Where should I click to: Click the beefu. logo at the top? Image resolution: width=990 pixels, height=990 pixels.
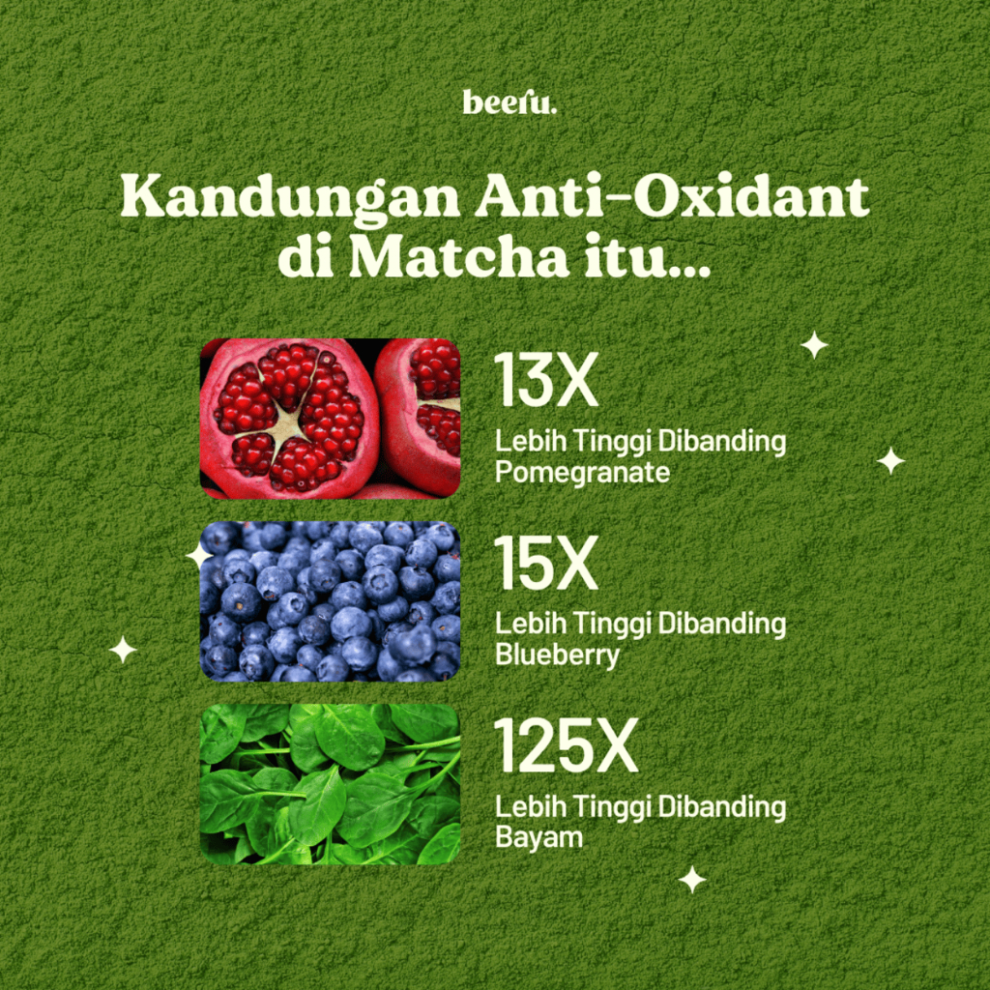pyautogui.click(x=510, y=102)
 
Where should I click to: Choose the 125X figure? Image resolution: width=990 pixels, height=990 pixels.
pyautogui.click(x=567, y=745)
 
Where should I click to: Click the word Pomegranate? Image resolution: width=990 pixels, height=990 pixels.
pyautogui.click(x=582, y=473)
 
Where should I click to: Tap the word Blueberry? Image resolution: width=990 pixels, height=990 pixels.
pyautogui.click(x=557, y=655)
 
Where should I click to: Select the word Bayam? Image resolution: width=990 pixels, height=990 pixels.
pyautogui.click(x=539, y=838)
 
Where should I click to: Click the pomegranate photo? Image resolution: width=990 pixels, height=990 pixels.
pyautogui.click(x=330, y=419)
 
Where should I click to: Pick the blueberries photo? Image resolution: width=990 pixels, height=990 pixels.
pyautogui.click(x=330, y=601)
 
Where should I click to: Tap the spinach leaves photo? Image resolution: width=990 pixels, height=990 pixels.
pyautogui.click(x=330, y=784)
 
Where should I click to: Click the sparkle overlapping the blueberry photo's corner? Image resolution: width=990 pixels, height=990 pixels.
pyautogui.click(x=199, y=556)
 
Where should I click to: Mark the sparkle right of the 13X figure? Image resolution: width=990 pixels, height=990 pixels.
pyautogui.click(x=814, y=345)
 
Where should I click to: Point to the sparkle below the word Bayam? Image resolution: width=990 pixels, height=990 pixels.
pyautogui.click(x=692, y=880)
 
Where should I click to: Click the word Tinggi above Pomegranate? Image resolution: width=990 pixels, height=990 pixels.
pyautogui.click(x=605, y=443)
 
